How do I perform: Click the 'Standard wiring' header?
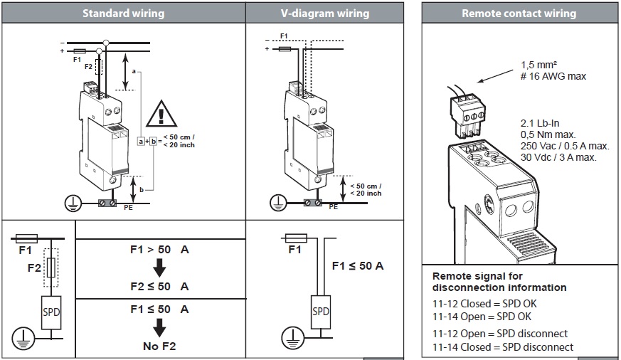tap(123, 13)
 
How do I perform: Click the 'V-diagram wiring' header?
tap(325, 13)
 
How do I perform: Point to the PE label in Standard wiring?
tap(128, 208)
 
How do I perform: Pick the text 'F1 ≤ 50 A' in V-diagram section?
tap(358, 266)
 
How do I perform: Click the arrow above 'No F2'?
tap(160, 327)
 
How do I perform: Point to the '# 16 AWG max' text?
tap(553, 76)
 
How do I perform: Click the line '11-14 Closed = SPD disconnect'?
tap(502, 346)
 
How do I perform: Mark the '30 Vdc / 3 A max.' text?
tap(557, 157)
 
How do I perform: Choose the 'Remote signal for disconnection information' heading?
tap(499, 282)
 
